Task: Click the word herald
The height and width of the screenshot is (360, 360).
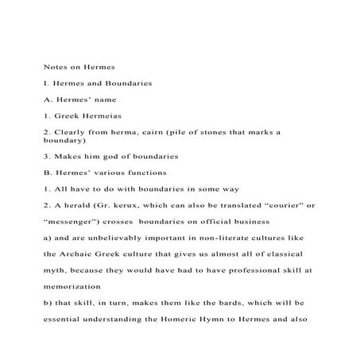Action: pyautogui.click(x=75, y=205)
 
